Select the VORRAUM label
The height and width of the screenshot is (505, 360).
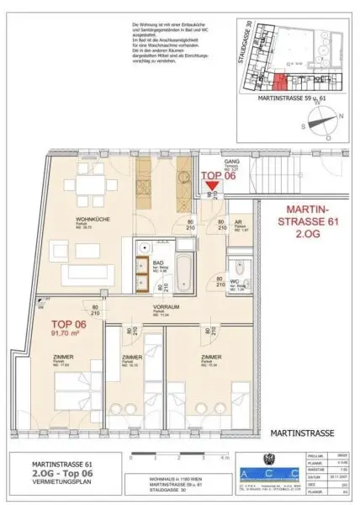163,308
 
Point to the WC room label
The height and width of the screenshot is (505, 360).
238,283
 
